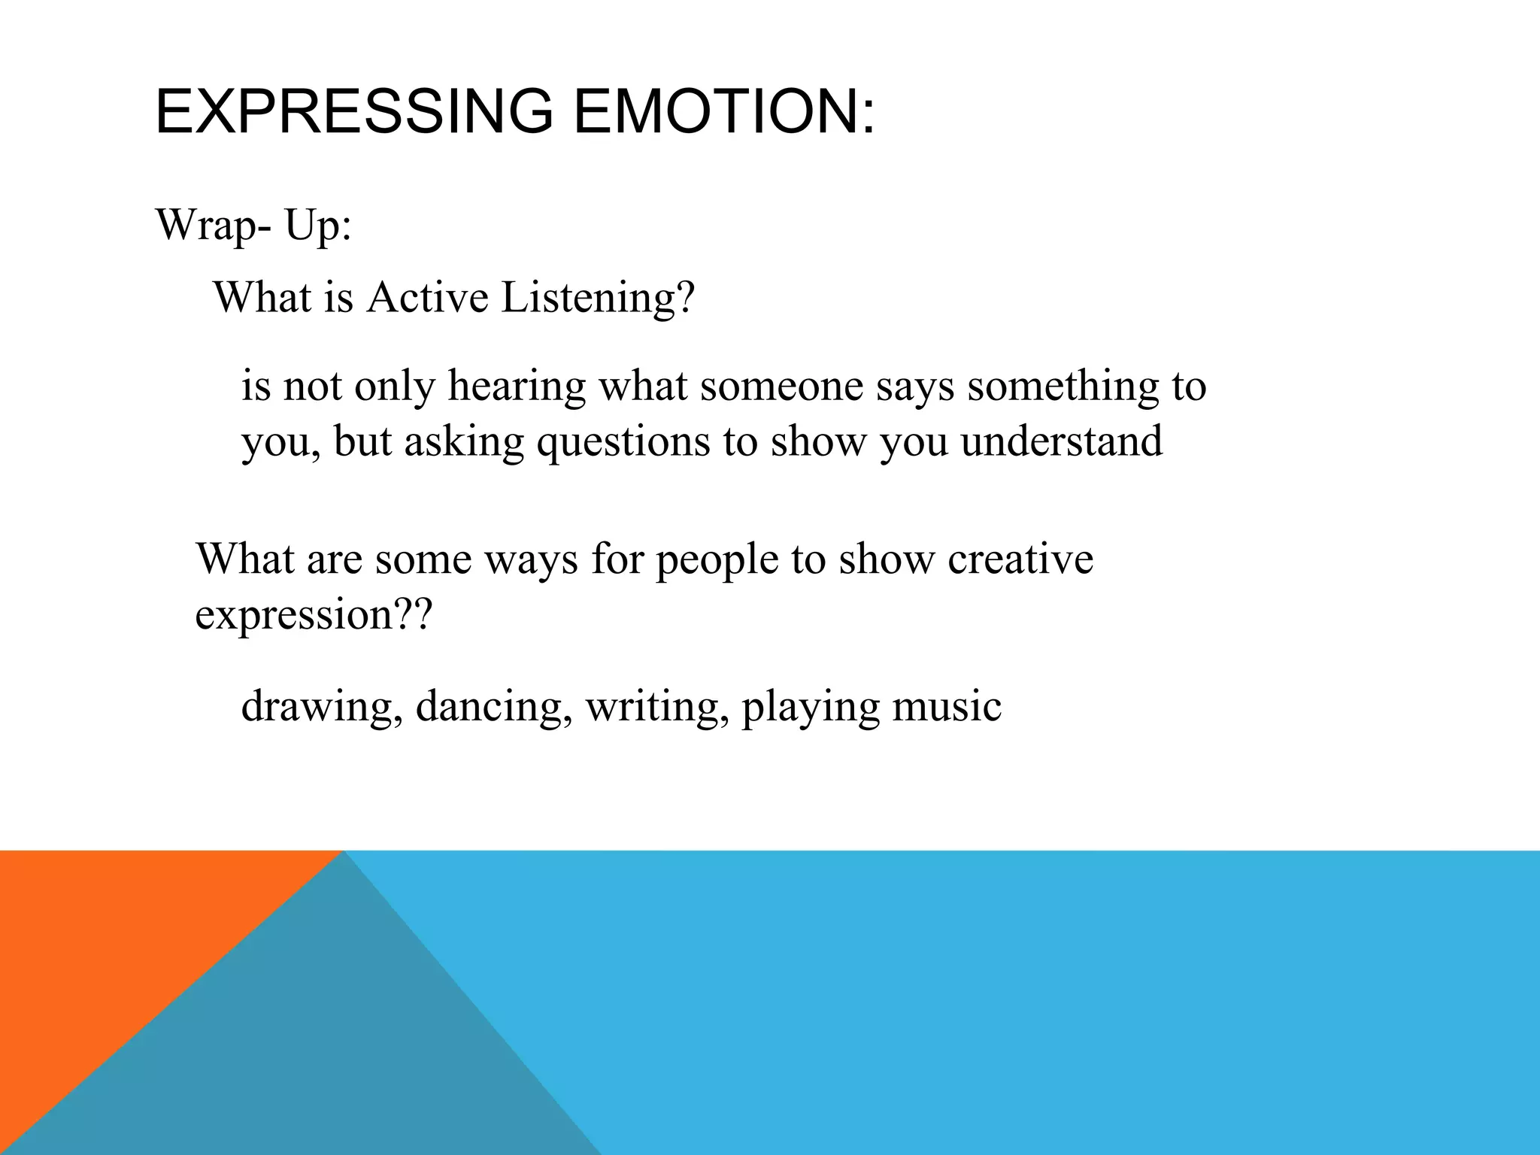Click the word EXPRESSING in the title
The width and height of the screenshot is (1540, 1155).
pyautogui.click(x=354, y=112)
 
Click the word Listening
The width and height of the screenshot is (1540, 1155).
pyautogui.click(x=598, y=299)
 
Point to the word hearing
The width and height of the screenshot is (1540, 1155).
pyautogui.click(x=516, y=387)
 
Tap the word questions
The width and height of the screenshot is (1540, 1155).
pyautogui.click(x=623, y=442)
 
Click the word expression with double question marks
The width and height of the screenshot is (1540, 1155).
pyautogui.click(x=314, y=615)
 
